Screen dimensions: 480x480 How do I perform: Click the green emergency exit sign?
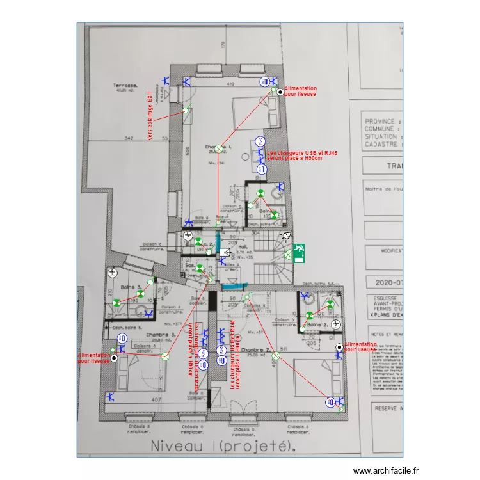click(x=298, y=253)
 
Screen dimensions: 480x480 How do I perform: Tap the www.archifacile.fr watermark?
click(x=388, y=470)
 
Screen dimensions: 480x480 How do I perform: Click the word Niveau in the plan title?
click(x=177, y=445)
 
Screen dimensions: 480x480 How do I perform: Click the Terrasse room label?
click(x=127, y=86)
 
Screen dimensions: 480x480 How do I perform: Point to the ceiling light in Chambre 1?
click(x=219, y=149)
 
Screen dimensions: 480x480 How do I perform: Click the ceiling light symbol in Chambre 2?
click(x=276, y=356)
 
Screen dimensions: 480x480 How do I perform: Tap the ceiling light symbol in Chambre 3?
click(x=165, y=356)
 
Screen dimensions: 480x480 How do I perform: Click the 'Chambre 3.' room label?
click(x=161, y=335)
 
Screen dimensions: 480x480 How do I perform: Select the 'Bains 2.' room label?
click(x=317, y=326)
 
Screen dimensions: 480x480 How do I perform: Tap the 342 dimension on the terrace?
click(x=128, y=138)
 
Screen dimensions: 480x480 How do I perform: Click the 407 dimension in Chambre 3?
click(x=156, y=400)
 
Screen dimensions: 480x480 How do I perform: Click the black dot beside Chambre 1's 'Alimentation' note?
click(x=280, y=93)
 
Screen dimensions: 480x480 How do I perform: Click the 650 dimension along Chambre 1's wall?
click(x=188, y=152)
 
